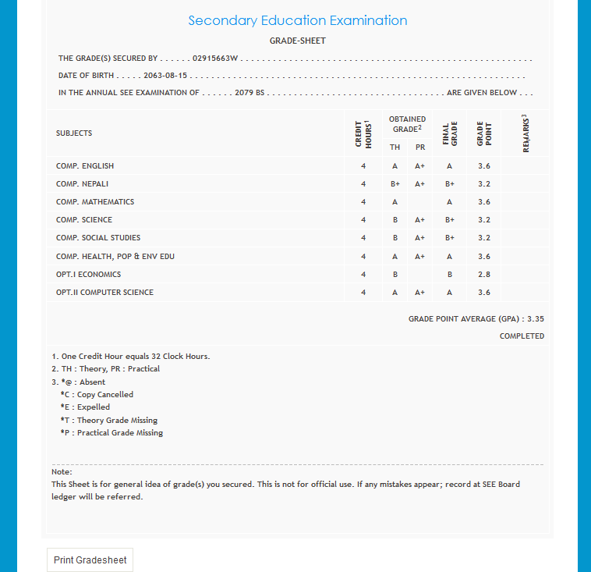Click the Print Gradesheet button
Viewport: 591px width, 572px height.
tap(90, 560)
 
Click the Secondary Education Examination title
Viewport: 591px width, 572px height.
tap(297, 20)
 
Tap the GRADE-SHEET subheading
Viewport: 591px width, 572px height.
tap(297, 41)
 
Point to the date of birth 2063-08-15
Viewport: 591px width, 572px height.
tap(165, 76)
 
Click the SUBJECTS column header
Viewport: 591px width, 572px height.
tap(74, 133)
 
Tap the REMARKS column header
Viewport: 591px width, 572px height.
tap(526, 133)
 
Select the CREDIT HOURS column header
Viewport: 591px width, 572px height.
tap(363, 133)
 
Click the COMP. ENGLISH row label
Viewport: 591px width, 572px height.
tap(85, 166)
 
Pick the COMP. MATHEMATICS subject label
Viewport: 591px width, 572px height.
tap(95, 202)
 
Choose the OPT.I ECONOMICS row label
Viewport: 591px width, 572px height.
tap(88, 275)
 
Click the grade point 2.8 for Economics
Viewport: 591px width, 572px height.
tap(483, 275)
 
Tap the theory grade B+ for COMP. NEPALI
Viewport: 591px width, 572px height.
tap(395, 184)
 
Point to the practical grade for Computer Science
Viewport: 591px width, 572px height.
tap(419, 293)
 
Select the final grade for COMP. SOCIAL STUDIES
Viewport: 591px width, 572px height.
tap(450, 238)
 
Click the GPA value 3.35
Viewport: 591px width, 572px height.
tap(536, 319)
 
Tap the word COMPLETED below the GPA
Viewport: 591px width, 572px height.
tap(522, 336)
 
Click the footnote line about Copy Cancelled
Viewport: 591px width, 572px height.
tap(97, 395)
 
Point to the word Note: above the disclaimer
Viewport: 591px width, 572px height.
tap(62, 472)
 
